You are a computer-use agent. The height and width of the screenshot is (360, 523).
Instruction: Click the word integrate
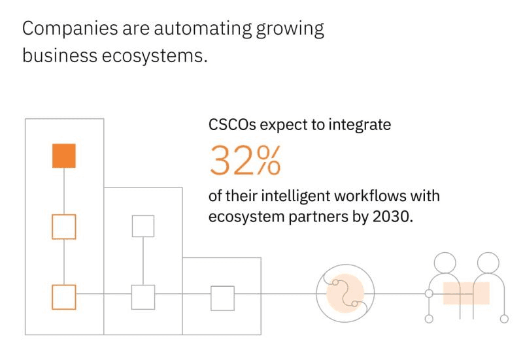click(362, 124)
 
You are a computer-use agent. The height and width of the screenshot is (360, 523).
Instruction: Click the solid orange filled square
click(64, 156)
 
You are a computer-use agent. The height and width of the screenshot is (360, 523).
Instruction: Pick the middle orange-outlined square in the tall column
click(64, 226)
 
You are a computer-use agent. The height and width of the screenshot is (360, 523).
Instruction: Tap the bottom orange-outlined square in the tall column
click(64, 297)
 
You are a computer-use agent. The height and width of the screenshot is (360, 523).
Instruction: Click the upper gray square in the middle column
click(143, 226)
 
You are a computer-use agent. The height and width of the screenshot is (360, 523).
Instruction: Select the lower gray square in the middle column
click(143, 297)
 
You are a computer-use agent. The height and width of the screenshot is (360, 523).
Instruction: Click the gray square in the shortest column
click(222, 298)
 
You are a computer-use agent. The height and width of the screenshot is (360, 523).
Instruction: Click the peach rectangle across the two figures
click(466, 293)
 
